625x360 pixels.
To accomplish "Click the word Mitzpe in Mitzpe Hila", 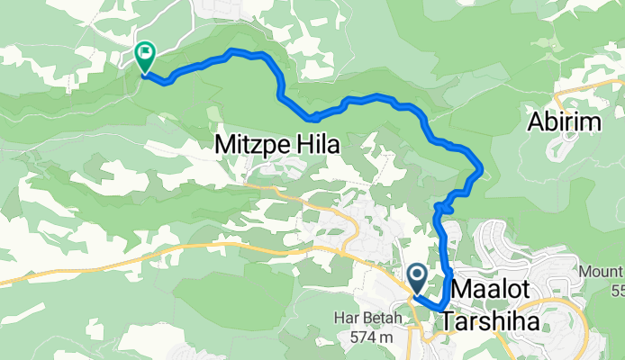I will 248,142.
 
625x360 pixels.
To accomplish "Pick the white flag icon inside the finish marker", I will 144,54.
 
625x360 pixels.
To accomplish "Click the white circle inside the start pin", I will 417,273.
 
